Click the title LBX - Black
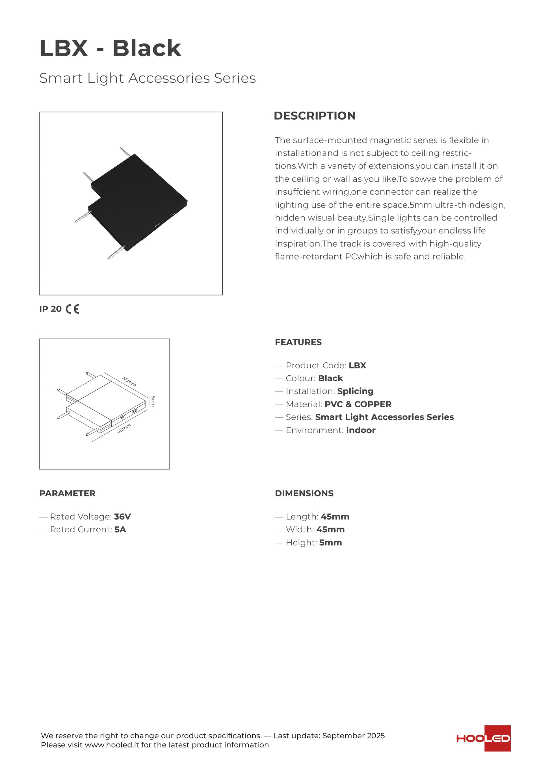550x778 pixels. [x=111, y=48]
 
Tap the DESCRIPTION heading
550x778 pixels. [x=314, y=116]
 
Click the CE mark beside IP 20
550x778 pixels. [x=72, y=309]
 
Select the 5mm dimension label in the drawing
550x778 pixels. [x=153, y=402]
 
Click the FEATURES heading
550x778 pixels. [x=298, y=342]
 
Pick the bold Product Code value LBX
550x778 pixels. [x=357, y=366]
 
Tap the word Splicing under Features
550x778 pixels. [x=355, y=391]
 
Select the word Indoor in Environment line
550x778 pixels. [x=360, y=430]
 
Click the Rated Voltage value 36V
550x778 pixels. [x=122, y=517]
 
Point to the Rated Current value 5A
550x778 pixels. [x=120, y=530]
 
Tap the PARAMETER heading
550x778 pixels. [x=67, y=493]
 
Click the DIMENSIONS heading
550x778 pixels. [x=304, y=493]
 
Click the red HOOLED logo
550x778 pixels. [x=483, y=738]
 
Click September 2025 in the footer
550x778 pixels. [x=353, y=736]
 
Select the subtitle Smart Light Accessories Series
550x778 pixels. [x=147, y=78]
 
